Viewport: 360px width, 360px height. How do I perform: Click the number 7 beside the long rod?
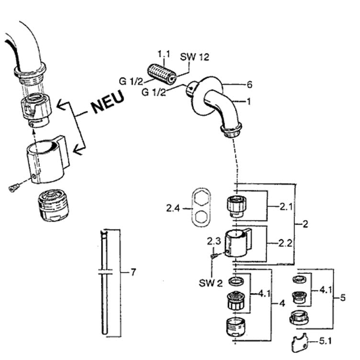coord(133,272)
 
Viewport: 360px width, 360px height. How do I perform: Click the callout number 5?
coord(343,298)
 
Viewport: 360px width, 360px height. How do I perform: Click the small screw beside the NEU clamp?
coord(13,188)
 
